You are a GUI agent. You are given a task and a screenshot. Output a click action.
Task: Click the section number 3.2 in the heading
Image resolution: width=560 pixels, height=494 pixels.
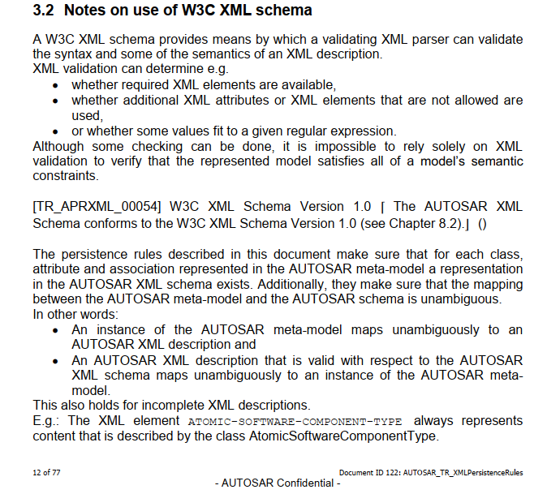click(44, 11)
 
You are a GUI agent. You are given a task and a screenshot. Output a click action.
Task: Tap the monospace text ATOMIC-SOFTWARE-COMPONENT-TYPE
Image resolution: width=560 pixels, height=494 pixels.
click(295, 422)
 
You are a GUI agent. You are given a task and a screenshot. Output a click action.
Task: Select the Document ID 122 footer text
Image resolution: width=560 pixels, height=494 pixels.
click(431, 472)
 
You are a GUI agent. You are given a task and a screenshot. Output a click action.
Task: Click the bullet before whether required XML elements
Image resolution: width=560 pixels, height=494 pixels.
click(55, 85)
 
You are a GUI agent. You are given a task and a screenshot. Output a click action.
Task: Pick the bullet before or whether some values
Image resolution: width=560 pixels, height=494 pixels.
click(55, 131)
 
